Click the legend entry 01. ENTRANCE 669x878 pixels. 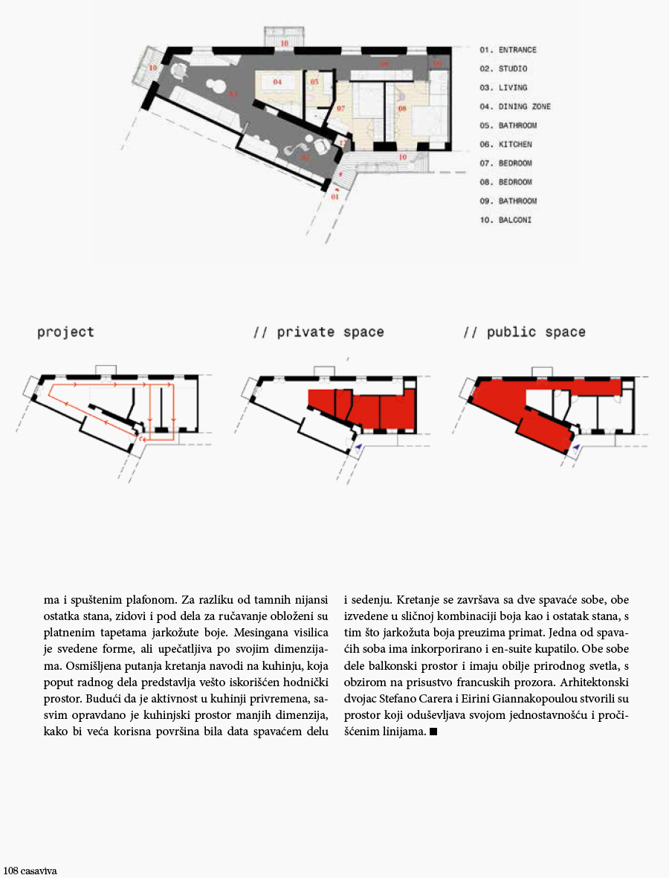tap(508, 50)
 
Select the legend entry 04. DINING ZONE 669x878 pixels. tap(515, 106)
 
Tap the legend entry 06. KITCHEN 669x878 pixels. tap(505, 144)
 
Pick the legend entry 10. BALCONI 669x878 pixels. tap(505, 220)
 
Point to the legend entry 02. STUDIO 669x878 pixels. tap(503, 68)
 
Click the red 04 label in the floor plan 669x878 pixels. tap(277, 81)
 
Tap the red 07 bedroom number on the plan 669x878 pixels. tap(340, 109)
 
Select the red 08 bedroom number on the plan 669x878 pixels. tap(402, 109)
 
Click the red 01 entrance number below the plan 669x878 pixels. tap(334, 197)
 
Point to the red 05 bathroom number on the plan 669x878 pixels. tap(314, 81)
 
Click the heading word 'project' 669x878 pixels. tap(66, 332)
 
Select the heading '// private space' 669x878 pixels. tap(319, 332)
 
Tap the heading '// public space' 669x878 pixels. tap(524, 332)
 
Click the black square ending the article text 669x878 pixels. tap(433, 732)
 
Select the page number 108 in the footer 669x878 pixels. tap(10, 870)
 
